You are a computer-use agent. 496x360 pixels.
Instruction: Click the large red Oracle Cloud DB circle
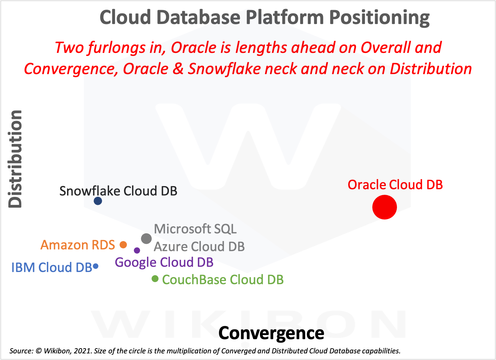(x=384, y=207)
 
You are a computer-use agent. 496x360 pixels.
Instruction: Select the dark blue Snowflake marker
(x=98, y=201)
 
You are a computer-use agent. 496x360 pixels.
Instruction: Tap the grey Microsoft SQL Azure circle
(x=146, y=239)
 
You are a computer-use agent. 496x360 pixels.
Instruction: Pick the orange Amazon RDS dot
(x=123, y=245)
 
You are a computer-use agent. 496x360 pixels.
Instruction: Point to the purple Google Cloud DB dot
(x=137, y=250)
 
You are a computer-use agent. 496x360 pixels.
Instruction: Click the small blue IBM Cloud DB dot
(x=96, y=266)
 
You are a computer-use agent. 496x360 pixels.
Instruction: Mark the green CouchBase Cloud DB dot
(x=155, y=279)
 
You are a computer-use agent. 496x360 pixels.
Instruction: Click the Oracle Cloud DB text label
(x=395, y=185)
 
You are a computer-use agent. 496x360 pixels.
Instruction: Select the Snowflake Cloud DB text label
(x=118, y=191)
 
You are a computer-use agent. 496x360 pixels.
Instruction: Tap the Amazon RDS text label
(x=78, y=245)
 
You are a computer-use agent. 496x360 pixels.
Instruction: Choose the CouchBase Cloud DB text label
(x=223, y=280)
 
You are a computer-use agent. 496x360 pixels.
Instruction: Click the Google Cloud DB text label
(x=164, y=262)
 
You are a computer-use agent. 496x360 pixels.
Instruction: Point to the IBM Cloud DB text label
(x=51, y=267)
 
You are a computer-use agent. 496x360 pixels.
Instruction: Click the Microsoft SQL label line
(x=195, y=229)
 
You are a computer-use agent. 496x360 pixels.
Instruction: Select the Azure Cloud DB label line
(x=199, y=247)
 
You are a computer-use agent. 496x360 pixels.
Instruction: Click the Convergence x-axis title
(x=271, y=333)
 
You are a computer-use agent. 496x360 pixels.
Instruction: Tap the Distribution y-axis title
(x=16, y=159)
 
